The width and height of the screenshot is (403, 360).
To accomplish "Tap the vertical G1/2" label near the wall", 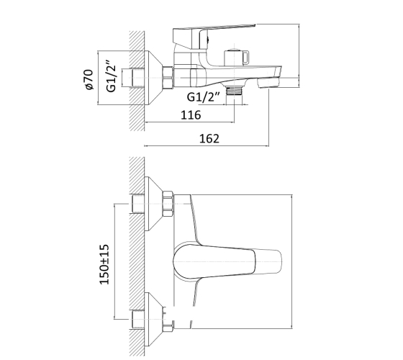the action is coord(112,76).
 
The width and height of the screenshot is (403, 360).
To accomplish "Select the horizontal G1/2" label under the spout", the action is coord(204,97).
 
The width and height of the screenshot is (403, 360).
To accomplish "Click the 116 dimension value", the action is coord(191,115).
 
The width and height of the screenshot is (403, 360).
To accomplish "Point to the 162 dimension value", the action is coord(209,138).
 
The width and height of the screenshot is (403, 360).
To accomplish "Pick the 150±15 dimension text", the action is coord(104,264).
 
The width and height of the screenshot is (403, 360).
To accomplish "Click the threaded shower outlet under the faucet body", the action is coord(234,91).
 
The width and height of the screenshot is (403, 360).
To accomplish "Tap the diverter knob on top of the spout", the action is coord(236,57).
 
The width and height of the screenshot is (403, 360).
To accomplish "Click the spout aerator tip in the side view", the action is coord(269,82).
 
